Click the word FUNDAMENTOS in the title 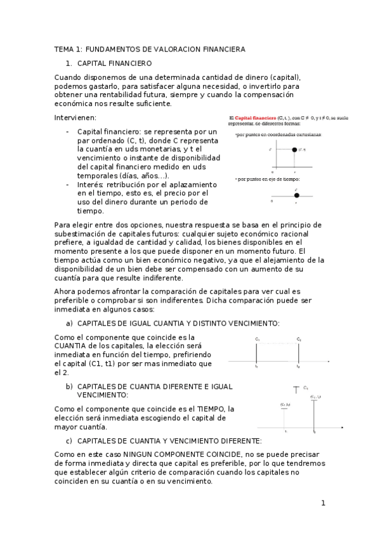coord(108,49)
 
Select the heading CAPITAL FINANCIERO coord(114,64)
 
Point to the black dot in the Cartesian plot coord(295,150)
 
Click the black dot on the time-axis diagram coord(296,195)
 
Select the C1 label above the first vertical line coord(258,339)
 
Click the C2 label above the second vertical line coord(298,339)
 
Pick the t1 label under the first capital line coord(256,367)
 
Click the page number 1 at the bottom coord(323,504)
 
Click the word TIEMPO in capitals coord(211,409)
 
